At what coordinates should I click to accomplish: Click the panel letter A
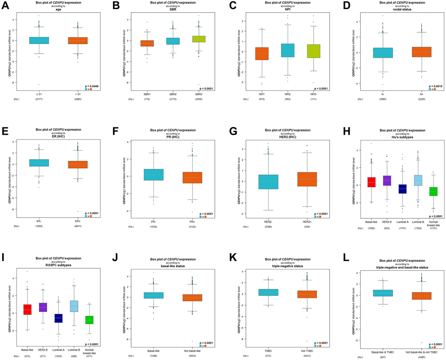[x=5, y=6]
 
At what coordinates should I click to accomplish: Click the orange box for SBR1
[x=147, y=43]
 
